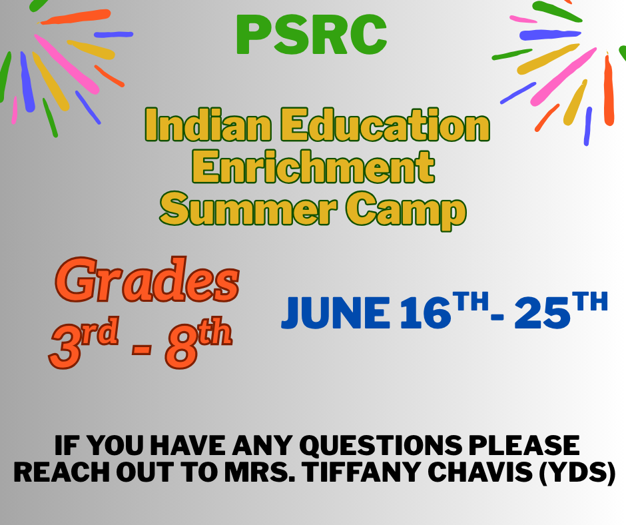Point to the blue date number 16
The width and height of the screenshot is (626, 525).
point(422,313)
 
